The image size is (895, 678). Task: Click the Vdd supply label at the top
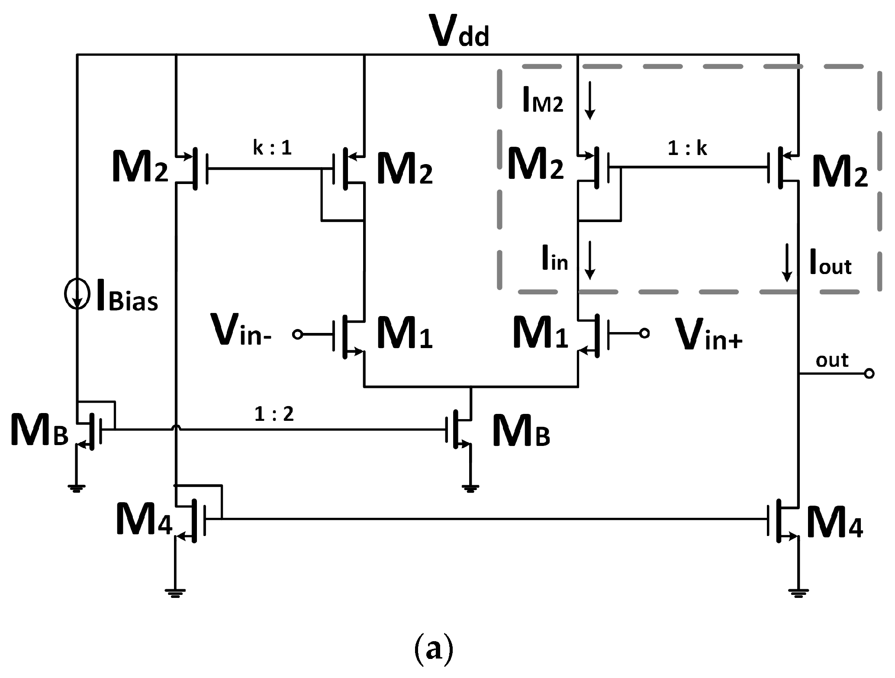[461, 31]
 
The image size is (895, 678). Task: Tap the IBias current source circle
[77, 294]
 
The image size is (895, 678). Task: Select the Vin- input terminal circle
[297, 334]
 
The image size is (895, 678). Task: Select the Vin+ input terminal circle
[644, 333]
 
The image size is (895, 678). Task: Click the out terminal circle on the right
[869, 373]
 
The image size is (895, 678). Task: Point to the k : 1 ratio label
[272, 148]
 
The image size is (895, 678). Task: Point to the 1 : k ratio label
[687, 149]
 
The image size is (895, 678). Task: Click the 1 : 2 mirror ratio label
[274, 414]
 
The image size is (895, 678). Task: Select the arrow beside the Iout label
[787, 262]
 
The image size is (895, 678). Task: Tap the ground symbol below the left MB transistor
[77, 489]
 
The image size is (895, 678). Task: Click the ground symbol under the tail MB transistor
[470, 489]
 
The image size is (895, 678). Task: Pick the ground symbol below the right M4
[798, 593]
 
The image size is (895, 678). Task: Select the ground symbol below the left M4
[175, 593]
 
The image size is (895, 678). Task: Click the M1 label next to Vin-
[405, 333]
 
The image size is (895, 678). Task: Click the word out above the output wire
[832, 360]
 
